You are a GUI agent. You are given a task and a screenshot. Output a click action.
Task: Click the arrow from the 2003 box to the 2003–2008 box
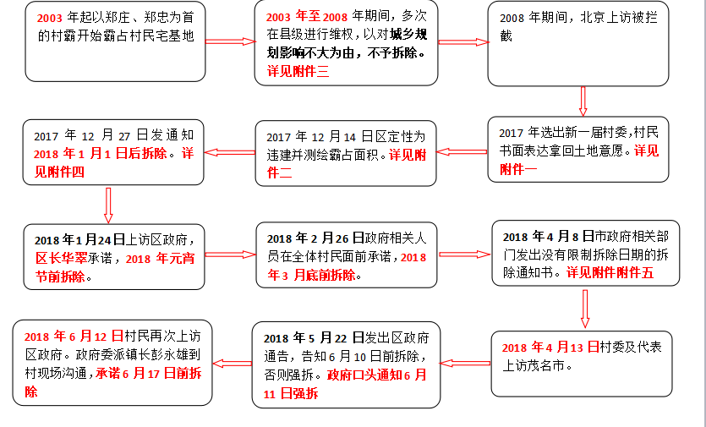[230, 41]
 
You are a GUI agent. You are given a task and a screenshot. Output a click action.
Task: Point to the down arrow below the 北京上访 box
[583, 100]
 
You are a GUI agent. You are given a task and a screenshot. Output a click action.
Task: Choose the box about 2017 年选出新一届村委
[578, 150]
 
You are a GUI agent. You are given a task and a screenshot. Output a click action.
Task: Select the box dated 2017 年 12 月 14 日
[346, 154]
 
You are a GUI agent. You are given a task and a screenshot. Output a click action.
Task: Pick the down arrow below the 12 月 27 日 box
[108, 203]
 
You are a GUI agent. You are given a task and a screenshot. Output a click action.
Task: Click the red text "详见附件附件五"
[610, 273]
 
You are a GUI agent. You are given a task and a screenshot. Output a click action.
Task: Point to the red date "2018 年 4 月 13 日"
[550, 348]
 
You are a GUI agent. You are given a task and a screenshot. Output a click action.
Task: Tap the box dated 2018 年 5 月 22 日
[346, 364]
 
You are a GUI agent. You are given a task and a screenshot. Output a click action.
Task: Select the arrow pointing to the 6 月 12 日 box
[229, 364]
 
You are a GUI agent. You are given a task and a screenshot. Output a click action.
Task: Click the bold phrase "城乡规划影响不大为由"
[372, 44]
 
